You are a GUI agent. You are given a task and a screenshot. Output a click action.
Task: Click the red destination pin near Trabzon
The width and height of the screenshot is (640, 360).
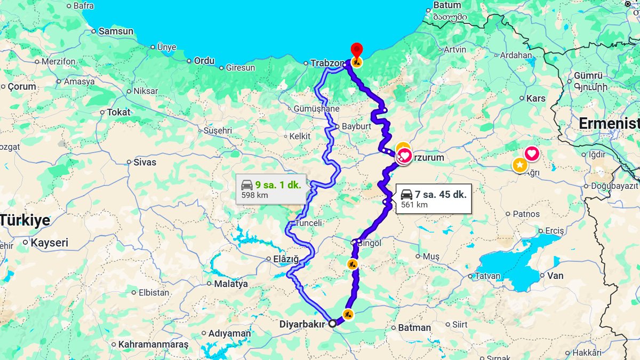click(x=357, y=50)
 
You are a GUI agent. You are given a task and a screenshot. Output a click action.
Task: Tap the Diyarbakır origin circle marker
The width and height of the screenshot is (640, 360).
click(x=332, y=323)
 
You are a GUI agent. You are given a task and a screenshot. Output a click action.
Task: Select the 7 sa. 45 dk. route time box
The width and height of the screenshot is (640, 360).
click(x=434, y=199)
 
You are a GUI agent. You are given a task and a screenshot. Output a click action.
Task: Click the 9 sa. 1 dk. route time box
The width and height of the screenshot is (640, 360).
click(x=271, y=189)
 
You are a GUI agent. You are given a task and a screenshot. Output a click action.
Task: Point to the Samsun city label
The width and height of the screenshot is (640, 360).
click(x=116, y=31)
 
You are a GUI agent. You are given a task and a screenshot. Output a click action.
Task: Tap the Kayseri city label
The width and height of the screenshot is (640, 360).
click(x=50, y=243)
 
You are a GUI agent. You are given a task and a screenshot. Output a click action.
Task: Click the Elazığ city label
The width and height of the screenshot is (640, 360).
click(x=286, y=259)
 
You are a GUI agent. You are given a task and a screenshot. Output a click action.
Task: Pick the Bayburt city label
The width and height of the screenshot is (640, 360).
click(x=356, y=126)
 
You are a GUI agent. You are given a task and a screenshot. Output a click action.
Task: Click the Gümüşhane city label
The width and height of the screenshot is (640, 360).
click(x=316, y=109)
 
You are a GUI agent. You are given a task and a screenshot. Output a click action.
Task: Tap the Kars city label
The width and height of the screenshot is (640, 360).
click(x=535, y=98)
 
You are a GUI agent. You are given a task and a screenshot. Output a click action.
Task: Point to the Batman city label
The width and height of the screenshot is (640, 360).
click(x=414, y=327)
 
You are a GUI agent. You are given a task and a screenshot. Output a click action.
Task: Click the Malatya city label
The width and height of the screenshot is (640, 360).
click(x=231, y=284)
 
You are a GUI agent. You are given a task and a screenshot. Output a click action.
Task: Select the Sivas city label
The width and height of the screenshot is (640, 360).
click(x=145, y=162)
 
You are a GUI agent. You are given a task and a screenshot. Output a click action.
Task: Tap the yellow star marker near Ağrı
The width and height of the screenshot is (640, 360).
click(x=519, y=165)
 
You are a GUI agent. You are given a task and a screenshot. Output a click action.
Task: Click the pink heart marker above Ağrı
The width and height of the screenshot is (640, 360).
click(x=532, y=154)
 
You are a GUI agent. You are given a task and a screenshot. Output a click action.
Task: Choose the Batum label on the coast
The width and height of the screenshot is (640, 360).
click(x=447, y=5)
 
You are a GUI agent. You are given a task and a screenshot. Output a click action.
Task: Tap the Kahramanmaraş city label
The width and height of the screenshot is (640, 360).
click(x=153, y=345)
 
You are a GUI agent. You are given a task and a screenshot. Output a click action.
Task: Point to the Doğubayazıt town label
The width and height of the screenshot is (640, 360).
click(x=614, y=186)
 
